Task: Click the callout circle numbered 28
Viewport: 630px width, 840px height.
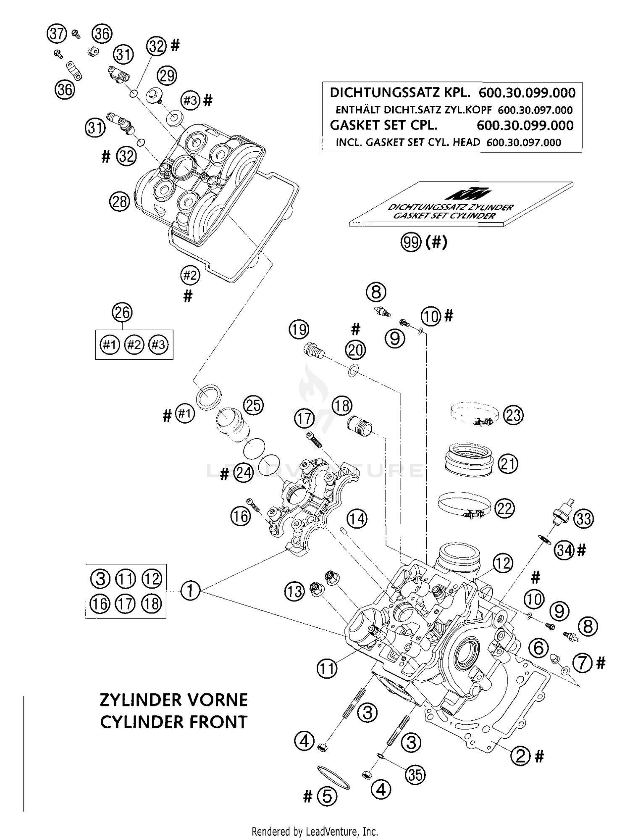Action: coord(120,202)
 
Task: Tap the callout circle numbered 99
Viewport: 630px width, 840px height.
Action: coord(410,242)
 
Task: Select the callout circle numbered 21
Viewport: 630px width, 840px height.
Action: coord(508,464)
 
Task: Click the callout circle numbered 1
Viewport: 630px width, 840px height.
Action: coord(190,591)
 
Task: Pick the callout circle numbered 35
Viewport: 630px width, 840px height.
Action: coord(415,774)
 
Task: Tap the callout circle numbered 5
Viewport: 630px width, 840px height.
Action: coord(327,796)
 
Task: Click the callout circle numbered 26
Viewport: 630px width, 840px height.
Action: coord(122,313)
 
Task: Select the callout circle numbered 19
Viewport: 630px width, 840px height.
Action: coord(299,329)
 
